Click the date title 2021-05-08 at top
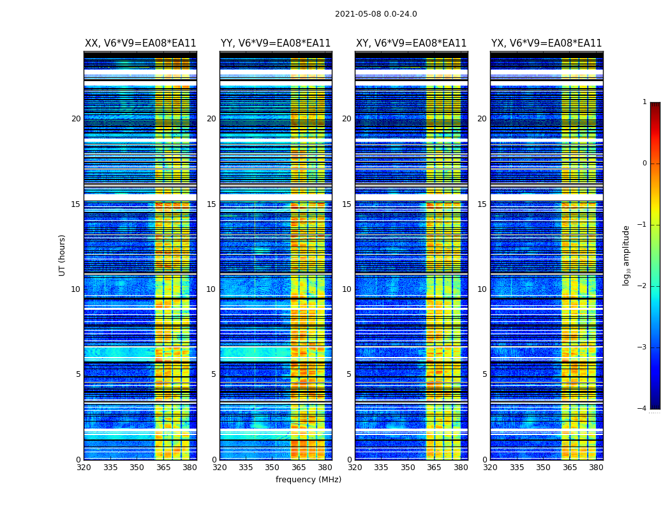click(x=376, y=14)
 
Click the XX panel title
click(x=140, y=43)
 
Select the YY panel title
click(x=276, y=43)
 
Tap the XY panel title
click(x=411, y=43)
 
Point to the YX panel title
click(x=546, y=43)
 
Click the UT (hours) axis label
click(x=63, y=255)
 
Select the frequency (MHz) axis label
click(x=308, y=480)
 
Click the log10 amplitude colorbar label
click(x=627, y=255)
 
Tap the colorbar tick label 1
click(x=644, y=102)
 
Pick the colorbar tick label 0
click(x=644, y=164)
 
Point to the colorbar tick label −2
click(x=643, y=286)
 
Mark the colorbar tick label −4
click(x=643, y=409)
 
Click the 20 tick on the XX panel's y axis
click(x=76, y=119)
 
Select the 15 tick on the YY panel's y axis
click(x=211, y=204)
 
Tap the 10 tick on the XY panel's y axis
click(x=346, y=289)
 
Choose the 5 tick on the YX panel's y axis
click(x=484, y=374)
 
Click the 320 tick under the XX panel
click(x=84, y=468)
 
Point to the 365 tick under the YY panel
click(x=299, y=468)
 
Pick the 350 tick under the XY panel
click(x=408, y=468)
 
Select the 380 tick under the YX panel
click(x=596, y=468)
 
